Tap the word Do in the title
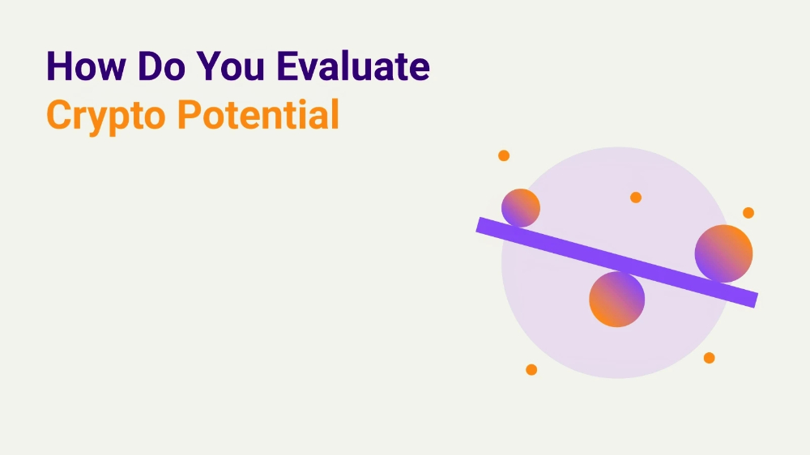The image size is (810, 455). click(161, 66)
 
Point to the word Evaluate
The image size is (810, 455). click(353, 66)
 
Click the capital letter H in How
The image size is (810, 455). click(58, 66)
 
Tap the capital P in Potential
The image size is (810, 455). click(189, 115)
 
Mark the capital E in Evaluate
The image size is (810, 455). click(288, 66)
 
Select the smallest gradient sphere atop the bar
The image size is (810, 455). click(521, 207)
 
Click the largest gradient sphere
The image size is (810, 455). click(723, 253)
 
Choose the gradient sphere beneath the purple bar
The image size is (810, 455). click(616, 299)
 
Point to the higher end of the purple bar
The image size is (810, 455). click(479, 225)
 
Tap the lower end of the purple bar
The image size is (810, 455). click(755, 300)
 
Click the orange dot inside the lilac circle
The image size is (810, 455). click(636, 198)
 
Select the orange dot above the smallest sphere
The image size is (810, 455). click(504, 155)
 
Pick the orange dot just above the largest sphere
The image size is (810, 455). click(748, 213)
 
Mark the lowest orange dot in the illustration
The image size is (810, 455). click(531, 370)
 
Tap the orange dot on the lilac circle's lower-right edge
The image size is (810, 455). click(710, 358)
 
